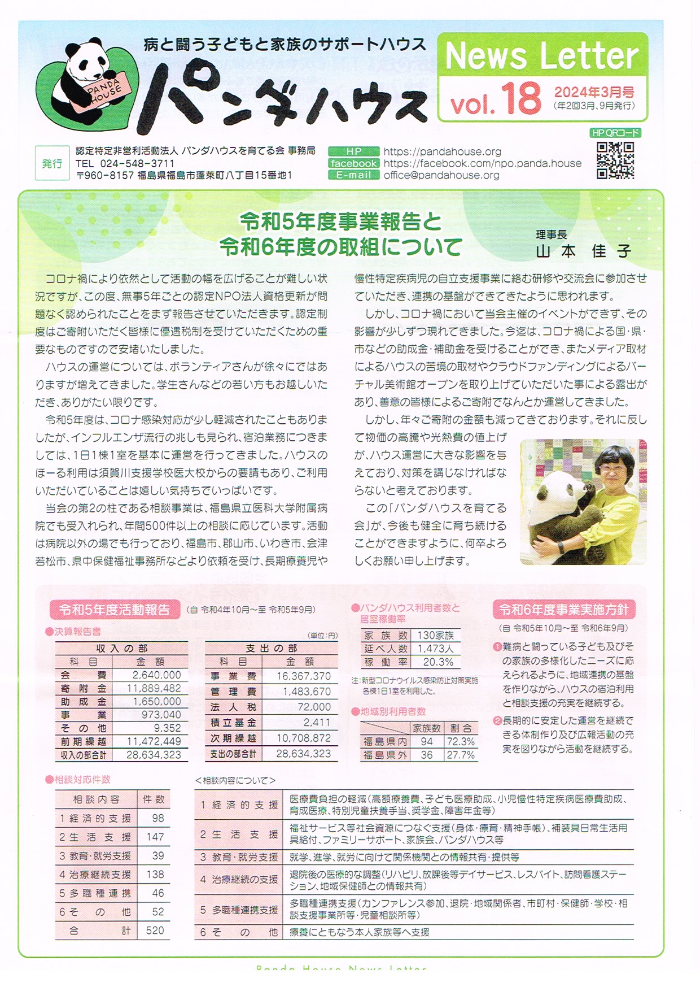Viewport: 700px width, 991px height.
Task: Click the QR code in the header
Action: click(615, 160)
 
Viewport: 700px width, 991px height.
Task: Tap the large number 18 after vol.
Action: click(520, 98)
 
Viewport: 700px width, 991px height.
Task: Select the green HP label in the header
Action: click(353, 151)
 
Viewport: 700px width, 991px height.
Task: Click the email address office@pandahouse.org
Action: click(441, 175)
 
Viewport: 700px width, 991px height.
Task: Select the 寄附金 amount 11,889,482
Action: click(154, 688)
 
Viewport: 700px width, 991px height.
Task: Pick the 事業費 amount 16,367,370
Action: click(303, 676)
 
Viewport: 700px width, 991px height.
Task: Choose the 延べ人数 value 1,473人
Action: click(435, 649)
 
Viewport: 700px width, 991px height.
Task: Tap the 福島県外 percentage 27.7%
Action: click(461, 755)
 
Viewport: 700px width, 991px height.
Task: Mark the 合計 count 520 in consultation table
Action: click(155, 930)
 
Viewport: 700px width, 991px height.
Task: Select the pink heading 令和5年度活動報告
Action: click(115, 610)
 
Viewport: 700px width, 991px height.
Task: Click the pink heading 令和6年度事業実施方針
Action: click(564, 610)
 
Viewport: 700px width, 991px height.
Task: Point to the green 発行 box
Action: click(52, 163)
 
